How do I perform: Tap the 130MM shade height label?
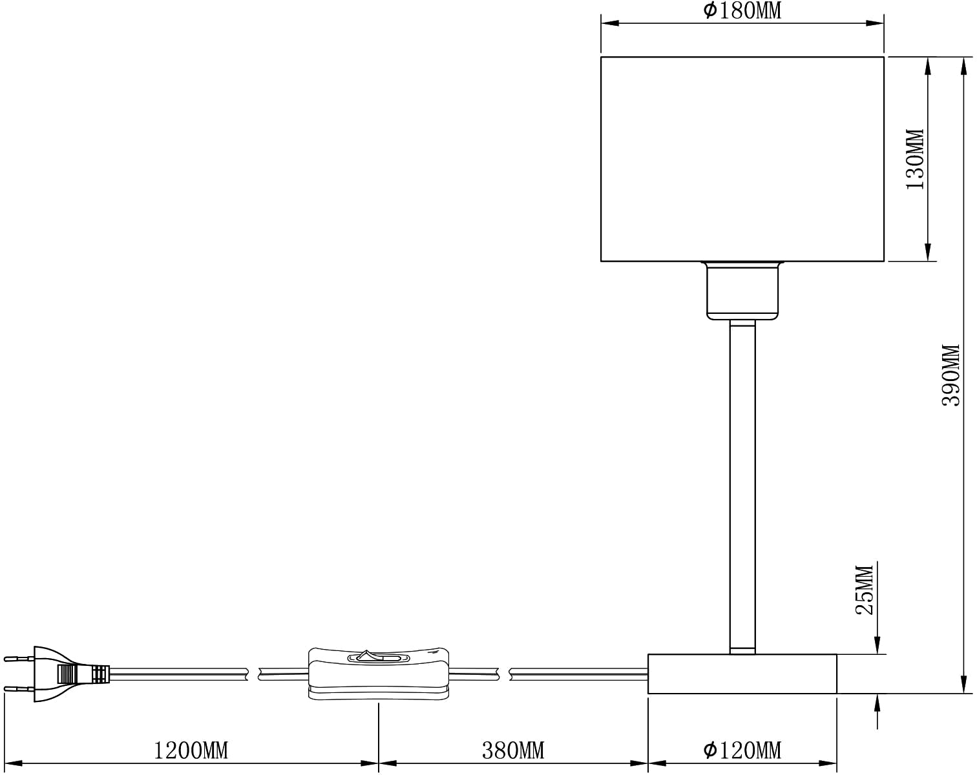[915, 158]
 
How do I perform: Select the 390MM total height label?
[951, 375]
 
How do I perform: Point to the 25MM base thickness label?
[865, 590]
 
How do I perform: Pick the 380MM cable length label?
[513, 750]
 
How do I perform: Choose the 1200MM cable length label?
[191, 750]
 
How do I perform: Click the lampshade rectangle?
[742, 158]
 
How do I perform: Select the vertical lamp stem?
[742, 484]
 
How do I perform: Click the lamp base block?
[742, 674]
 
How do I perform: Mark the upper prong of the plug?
[18, 659]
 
